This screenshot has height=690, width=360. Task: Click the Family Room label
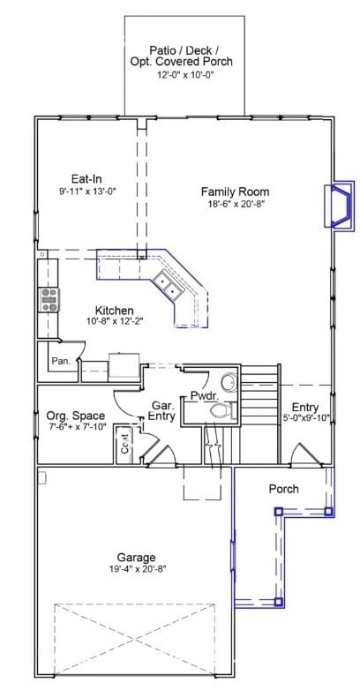235,191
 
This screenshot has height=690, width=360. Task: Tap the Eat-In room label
86,178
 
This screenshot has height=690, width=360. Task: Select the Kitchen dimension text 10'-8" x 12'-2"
116,321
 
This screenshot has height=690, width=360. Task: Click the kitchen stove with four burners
49,300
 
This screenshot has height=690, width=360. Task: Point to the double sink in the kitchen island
167,285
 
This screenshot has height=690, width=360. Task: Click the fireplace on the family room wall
340,205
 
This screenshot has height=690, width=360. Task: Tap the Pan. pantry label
61,361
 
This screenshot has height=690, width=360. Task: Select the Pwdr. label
205,395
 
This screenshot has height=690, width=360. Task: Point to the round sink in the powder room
229,382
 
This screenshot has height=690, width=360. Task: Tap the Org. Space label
76,416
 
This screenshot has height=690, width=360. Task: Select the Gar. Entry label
164,410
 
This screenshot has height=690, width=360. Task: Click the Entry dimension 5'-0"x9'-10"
305,418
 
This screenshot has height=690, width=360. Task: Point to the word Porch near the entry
284,489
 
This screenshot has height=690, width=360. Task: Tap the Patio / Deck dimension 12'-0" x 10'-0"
185,75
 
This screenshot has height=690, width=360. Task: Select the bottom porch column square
278,602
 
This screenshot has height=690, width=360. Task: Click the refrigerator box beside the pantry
124,365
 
